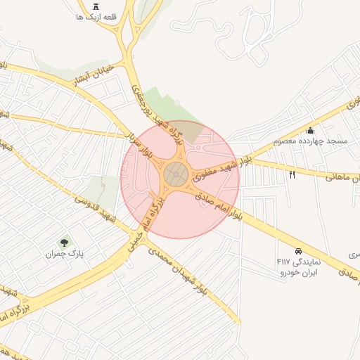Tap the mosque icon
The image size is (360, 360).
tap(311, 130)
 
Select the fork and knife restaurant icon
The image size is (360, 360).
tap(292, 174)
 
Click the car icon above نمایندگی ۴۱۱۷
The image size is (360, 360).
tap(298, 251)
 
